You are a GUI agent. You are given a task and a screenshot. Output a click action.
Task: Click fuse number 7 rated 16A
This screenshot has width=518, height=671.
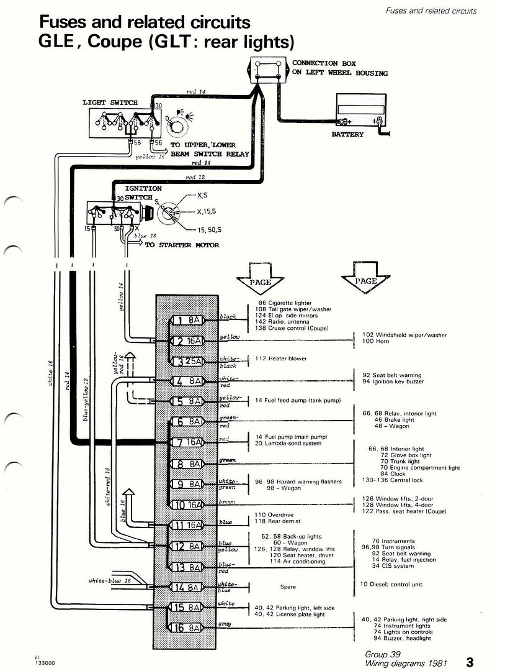tap(186, 442)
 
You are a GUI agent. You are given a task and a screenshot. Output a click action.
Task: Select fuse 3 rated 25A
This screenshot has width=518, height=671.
tap(186, 362)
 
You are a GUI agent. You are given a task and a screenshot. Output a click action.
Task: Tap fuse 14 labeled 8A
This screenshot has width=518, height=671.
tap(186, 587)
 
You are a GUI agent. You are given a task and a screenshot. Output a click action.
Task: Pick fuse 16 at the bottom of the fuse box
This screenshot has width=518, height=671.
tap(186, 628)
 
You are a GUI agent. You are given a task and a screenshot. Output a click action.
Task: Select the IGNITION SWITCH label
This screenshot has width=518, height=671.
tap(143, 193)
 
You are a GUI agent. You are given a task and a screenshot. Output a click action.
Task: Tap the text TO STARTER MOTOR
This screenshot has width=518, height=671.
tap(182, 245)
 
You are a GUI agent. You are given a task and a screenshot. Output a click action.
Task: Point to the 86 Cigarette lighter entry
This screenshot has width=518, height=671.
tap(285, 303)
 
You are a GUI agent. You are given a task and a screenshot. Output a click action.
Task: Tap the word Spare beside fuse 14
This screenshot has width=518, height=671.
tap(288, 587)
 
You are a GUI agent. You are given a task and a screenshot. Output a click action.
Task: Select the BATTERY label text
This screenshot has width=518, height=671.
tap(348, 135)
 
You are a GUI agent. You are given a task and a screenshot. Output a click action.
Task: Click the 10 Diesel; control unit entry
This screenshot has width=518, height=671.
tap(391, 584)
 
